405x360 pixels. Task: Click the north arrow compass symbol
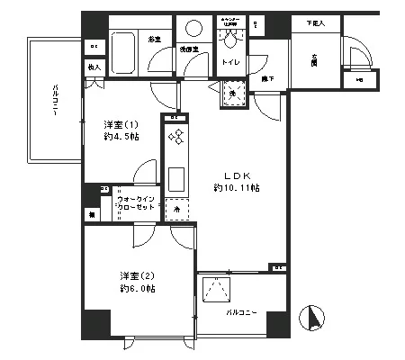(x=314, y=319)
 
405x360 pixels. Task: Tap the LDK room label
(x=227, y=175)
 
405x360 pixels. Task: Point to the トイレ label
(x=230, y=63)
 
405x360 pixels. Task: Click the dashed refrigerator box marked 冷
(x=176, y=207)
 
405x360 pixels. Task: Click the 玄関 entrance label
(x=315, y=60)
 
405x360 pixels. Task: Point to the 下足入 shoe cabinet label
(x=316, y=23)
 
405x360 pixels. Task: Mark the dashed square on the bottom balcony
(x=216, y=291)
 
